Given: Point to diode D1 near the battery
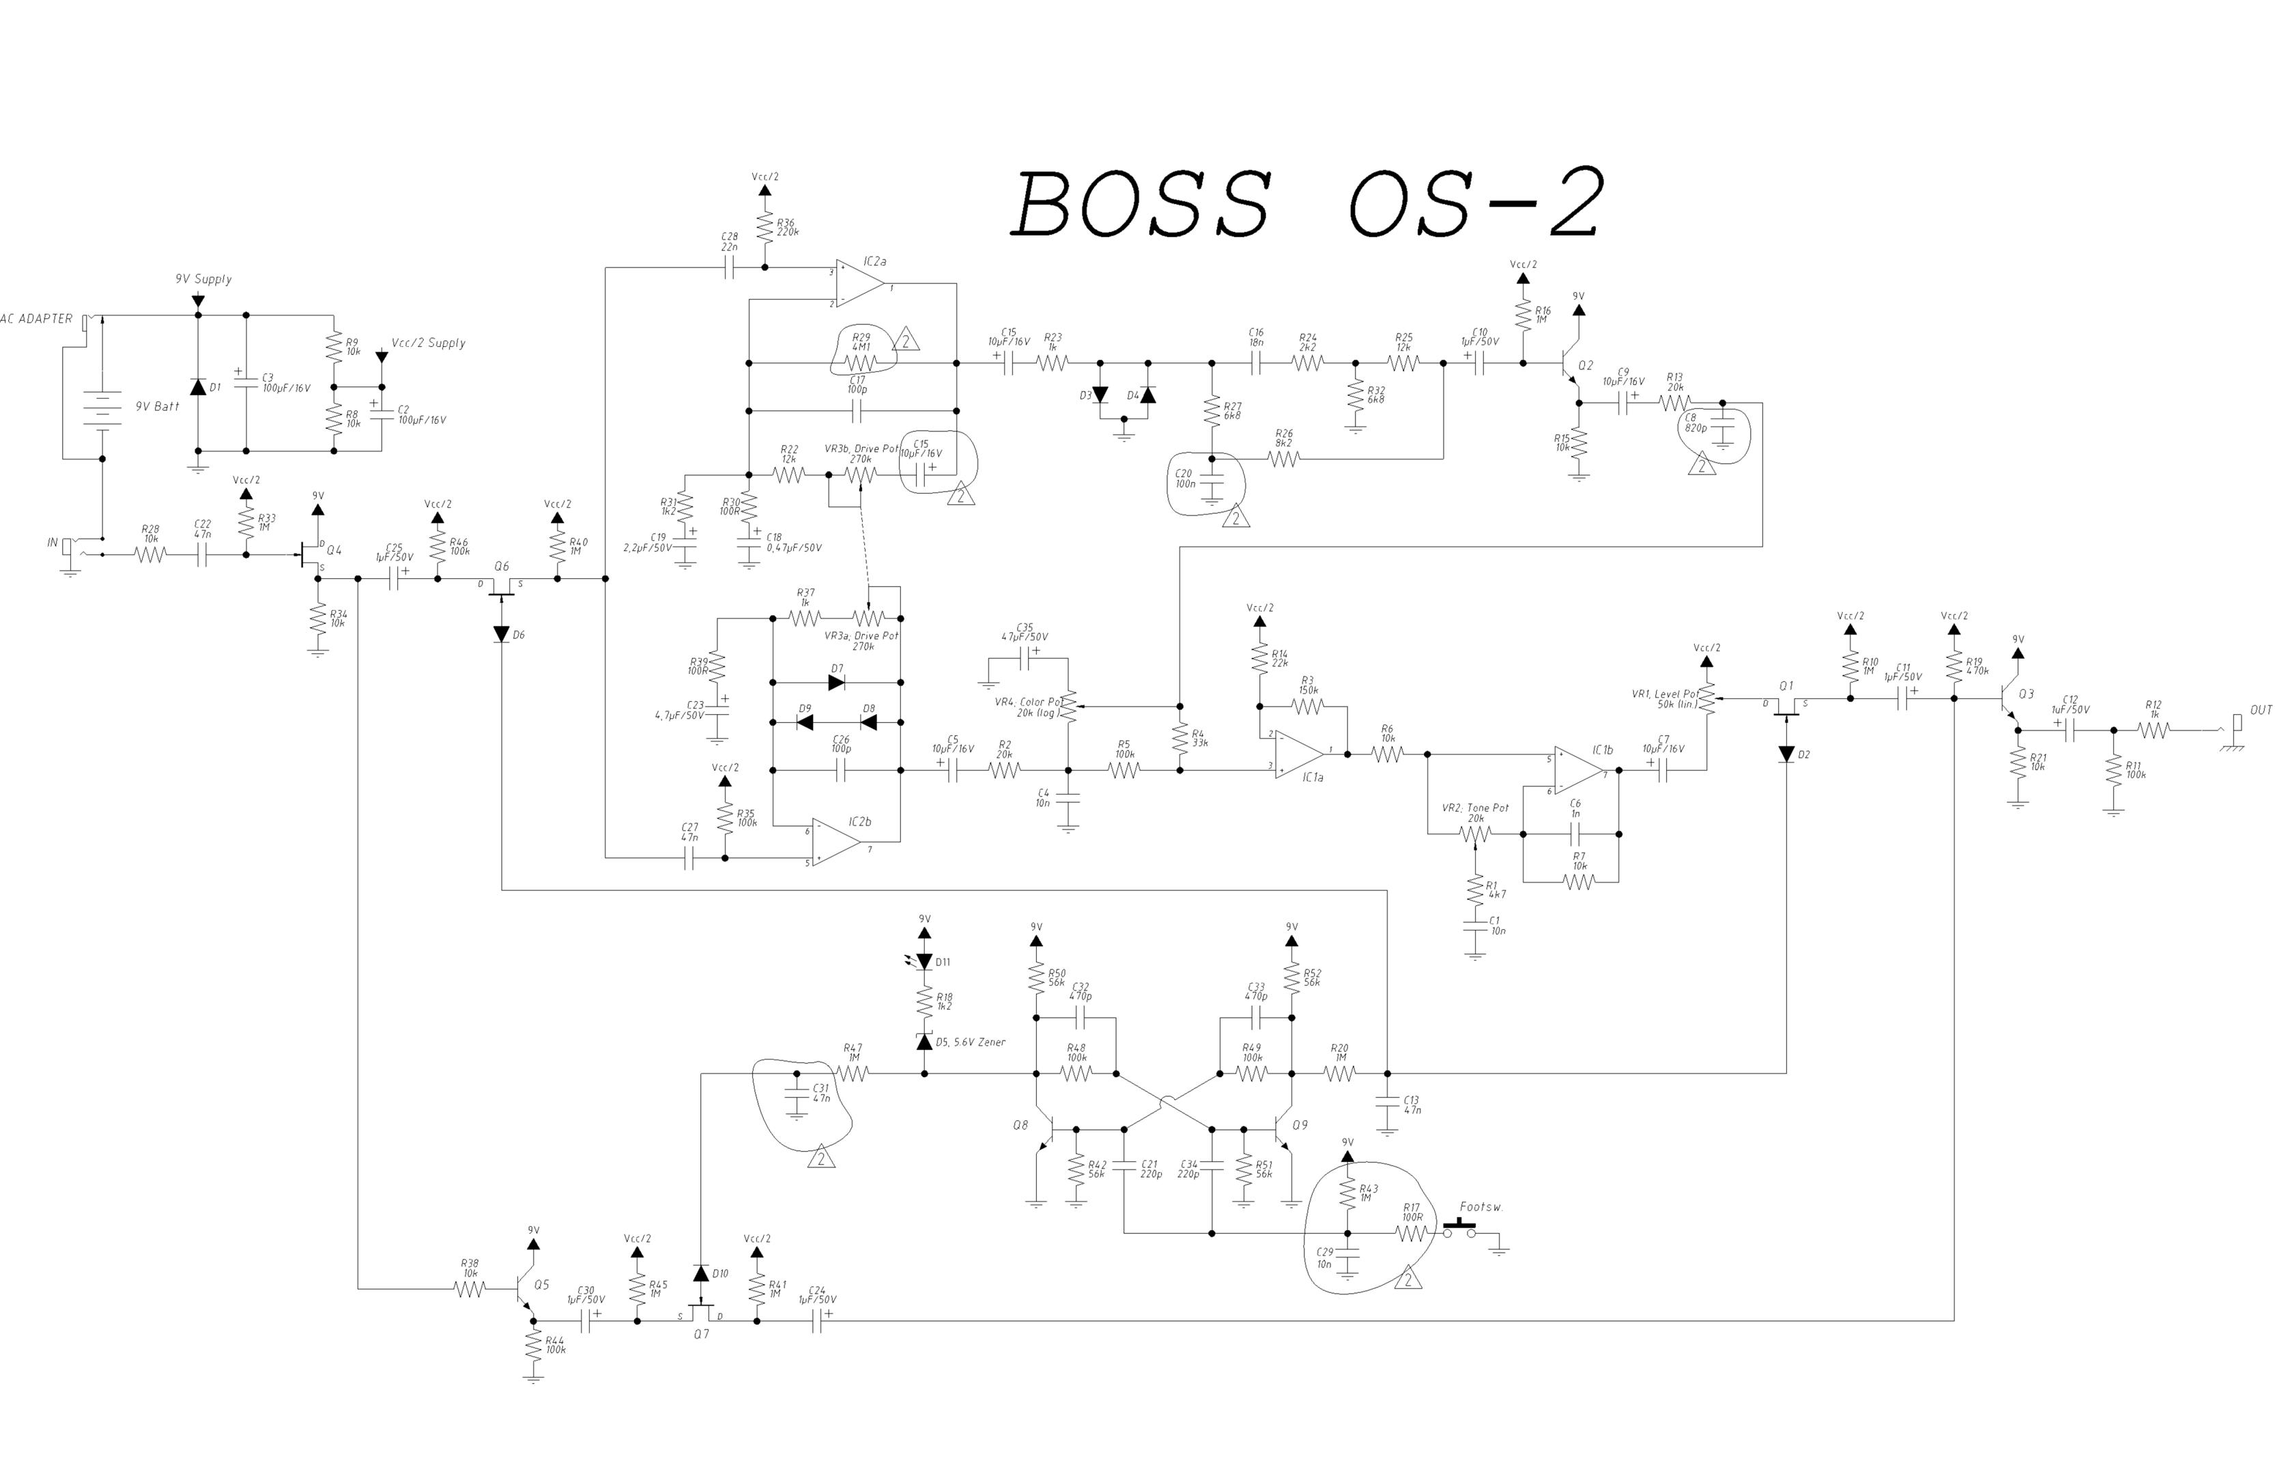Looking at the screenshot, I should pyautogui.click(x=198, y=387).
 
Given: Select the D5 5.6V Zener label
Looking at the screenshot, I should pyautogui.click(x=970, y=1042).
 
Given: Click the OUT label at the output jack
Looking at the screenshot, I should pyautogui.click(x=2261, y=711).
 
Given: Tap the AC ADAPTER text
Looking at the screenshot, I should pyautogui.click(x=36, y=319).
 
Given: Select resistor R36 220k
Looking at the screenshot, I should pyautogui.click(x=764, y=227).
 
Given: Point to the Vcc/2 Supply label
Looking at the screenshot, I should pyautogui.click(x=428, y=343).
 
